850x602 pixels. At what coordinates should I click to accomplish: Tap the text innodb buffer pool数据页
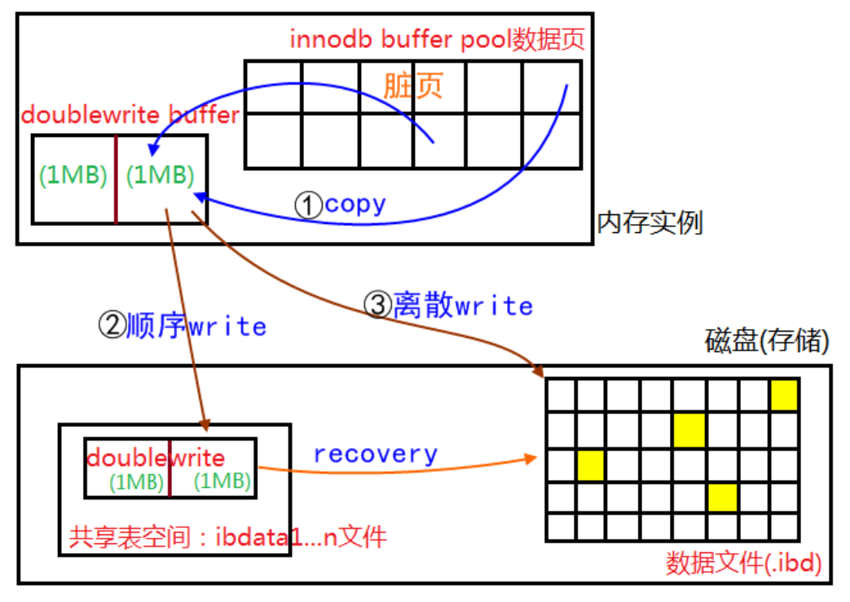coord(437,39)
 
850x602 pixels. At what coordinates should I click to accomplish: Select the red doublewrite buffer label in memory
coord(130,115)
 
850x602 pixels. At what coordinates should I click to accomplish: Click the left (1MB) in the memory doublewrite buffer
coord(73,174)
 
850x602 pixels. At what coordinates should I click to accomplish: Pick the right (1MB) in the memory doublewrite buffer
coord(161,174)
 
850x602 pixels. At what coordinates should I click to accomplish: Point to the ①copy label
coord(340,204)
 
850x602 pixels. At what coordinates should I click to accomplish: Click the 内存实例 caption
coord(650,222)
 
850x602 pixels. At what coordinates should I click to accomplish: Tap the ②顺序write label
coord(182,326)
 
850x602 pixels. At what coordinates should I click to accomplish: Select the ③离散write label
coord(447,305)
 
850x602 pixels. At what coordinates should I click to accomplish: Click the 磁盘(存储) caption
coord(767,342)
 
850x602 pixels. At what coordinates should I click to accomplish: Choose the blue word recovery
coord(376,454)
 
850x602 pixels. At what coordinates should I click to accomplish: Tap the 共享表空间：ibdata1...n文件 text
coord(227,537)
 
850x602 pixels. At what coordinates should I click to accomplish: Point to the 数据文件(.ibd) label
coord(743,563)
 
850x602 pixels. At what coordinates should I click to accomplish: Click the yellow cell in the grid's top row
coord(785,394)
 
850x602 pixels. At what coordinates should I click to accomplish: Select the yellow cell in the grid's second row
coord(689,429)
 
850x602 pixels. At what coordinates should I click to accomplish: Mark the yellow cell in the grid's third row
coord(590,464)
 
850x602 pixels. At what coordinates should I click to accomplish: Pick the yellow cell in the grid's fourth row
coord(722,497)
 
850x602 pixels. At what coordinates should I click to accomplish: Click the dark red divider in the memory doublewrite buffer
coord(116,179)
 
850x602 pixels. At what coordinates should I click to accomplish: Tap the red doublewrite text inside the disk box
coord(155,458)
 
